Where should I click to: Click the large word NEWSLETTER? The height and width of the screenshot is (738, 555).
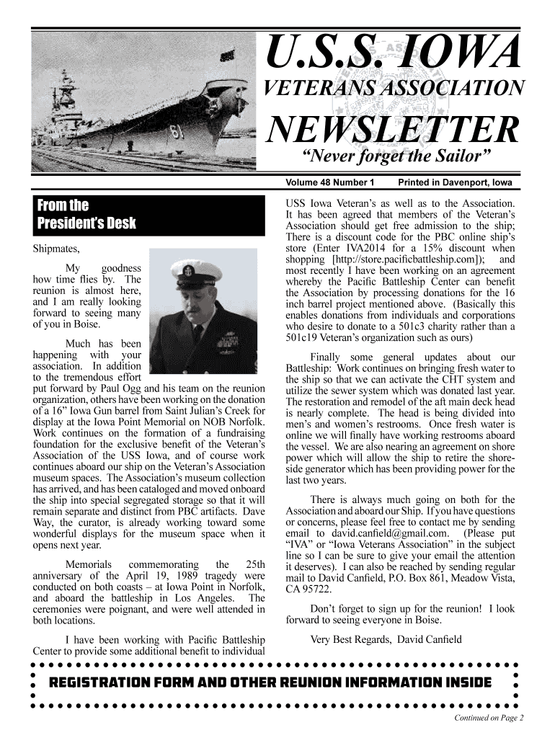click(393, 129)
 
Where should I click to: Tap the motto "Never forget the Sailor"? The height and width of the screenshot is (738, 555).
click(399, 158)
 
